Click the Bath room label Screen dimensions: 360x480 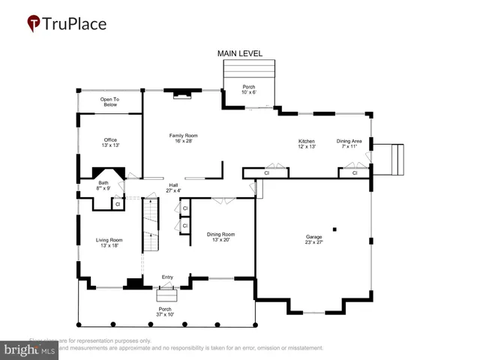click(103, 185)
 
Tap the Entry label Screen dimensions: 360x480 click(167, 277)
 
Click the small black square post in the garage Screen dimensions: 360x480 click(335, 229)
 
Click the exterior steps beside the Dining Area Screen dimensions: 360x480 click(391, 159)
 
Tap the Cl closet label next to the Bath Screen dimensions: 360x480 click(118, 204)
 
